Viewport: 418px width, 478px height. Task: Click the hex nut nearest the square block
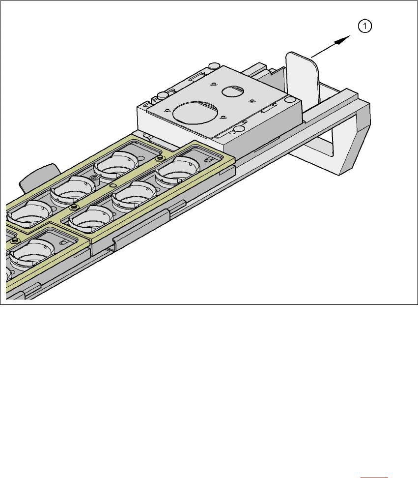(159, 158)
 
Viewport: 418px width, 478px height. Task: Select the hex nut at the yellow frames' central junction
(73, 207)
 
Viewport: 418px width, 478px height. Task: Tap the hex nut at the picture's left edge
(14, 240)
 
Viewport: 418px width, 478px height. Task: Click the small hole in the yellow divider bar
(112, 186)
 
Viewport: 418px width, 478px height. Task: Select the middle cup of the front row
(130, 197)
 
